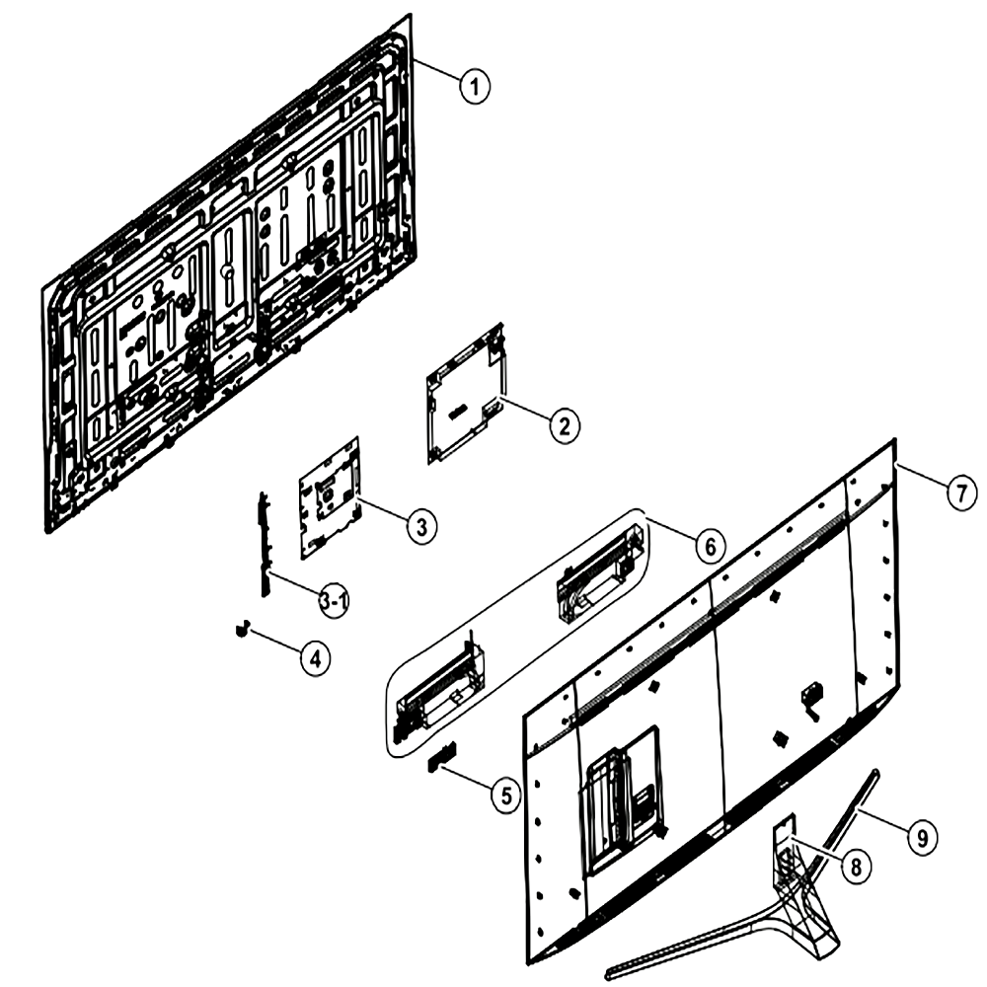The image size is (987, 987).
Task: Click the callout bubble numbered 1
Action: coord(475,86)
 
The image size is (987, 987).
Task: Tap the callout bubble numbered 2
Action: coord(564,426)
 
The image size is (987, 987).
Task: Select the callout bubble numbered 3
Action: coord(421,525)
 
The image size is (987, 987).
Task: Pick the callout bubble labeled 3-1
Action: coord(334,602)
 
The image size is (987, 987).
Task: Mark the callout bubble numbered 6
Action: coord(710,547)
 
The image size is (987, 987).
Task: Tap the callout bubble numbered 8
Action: coord(856,868)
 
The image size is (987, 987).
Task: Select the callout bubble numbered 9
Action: coord(922,838)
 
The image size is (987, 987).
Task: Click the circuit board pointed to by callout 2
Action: coord(466,395)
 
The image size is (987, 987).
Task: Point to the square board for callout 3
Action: coord(330,497)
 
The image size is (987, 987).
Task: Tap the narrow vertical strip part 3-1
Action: coord(264,545)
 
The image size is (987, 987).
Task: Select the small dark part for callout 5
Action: coord(442,757)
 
